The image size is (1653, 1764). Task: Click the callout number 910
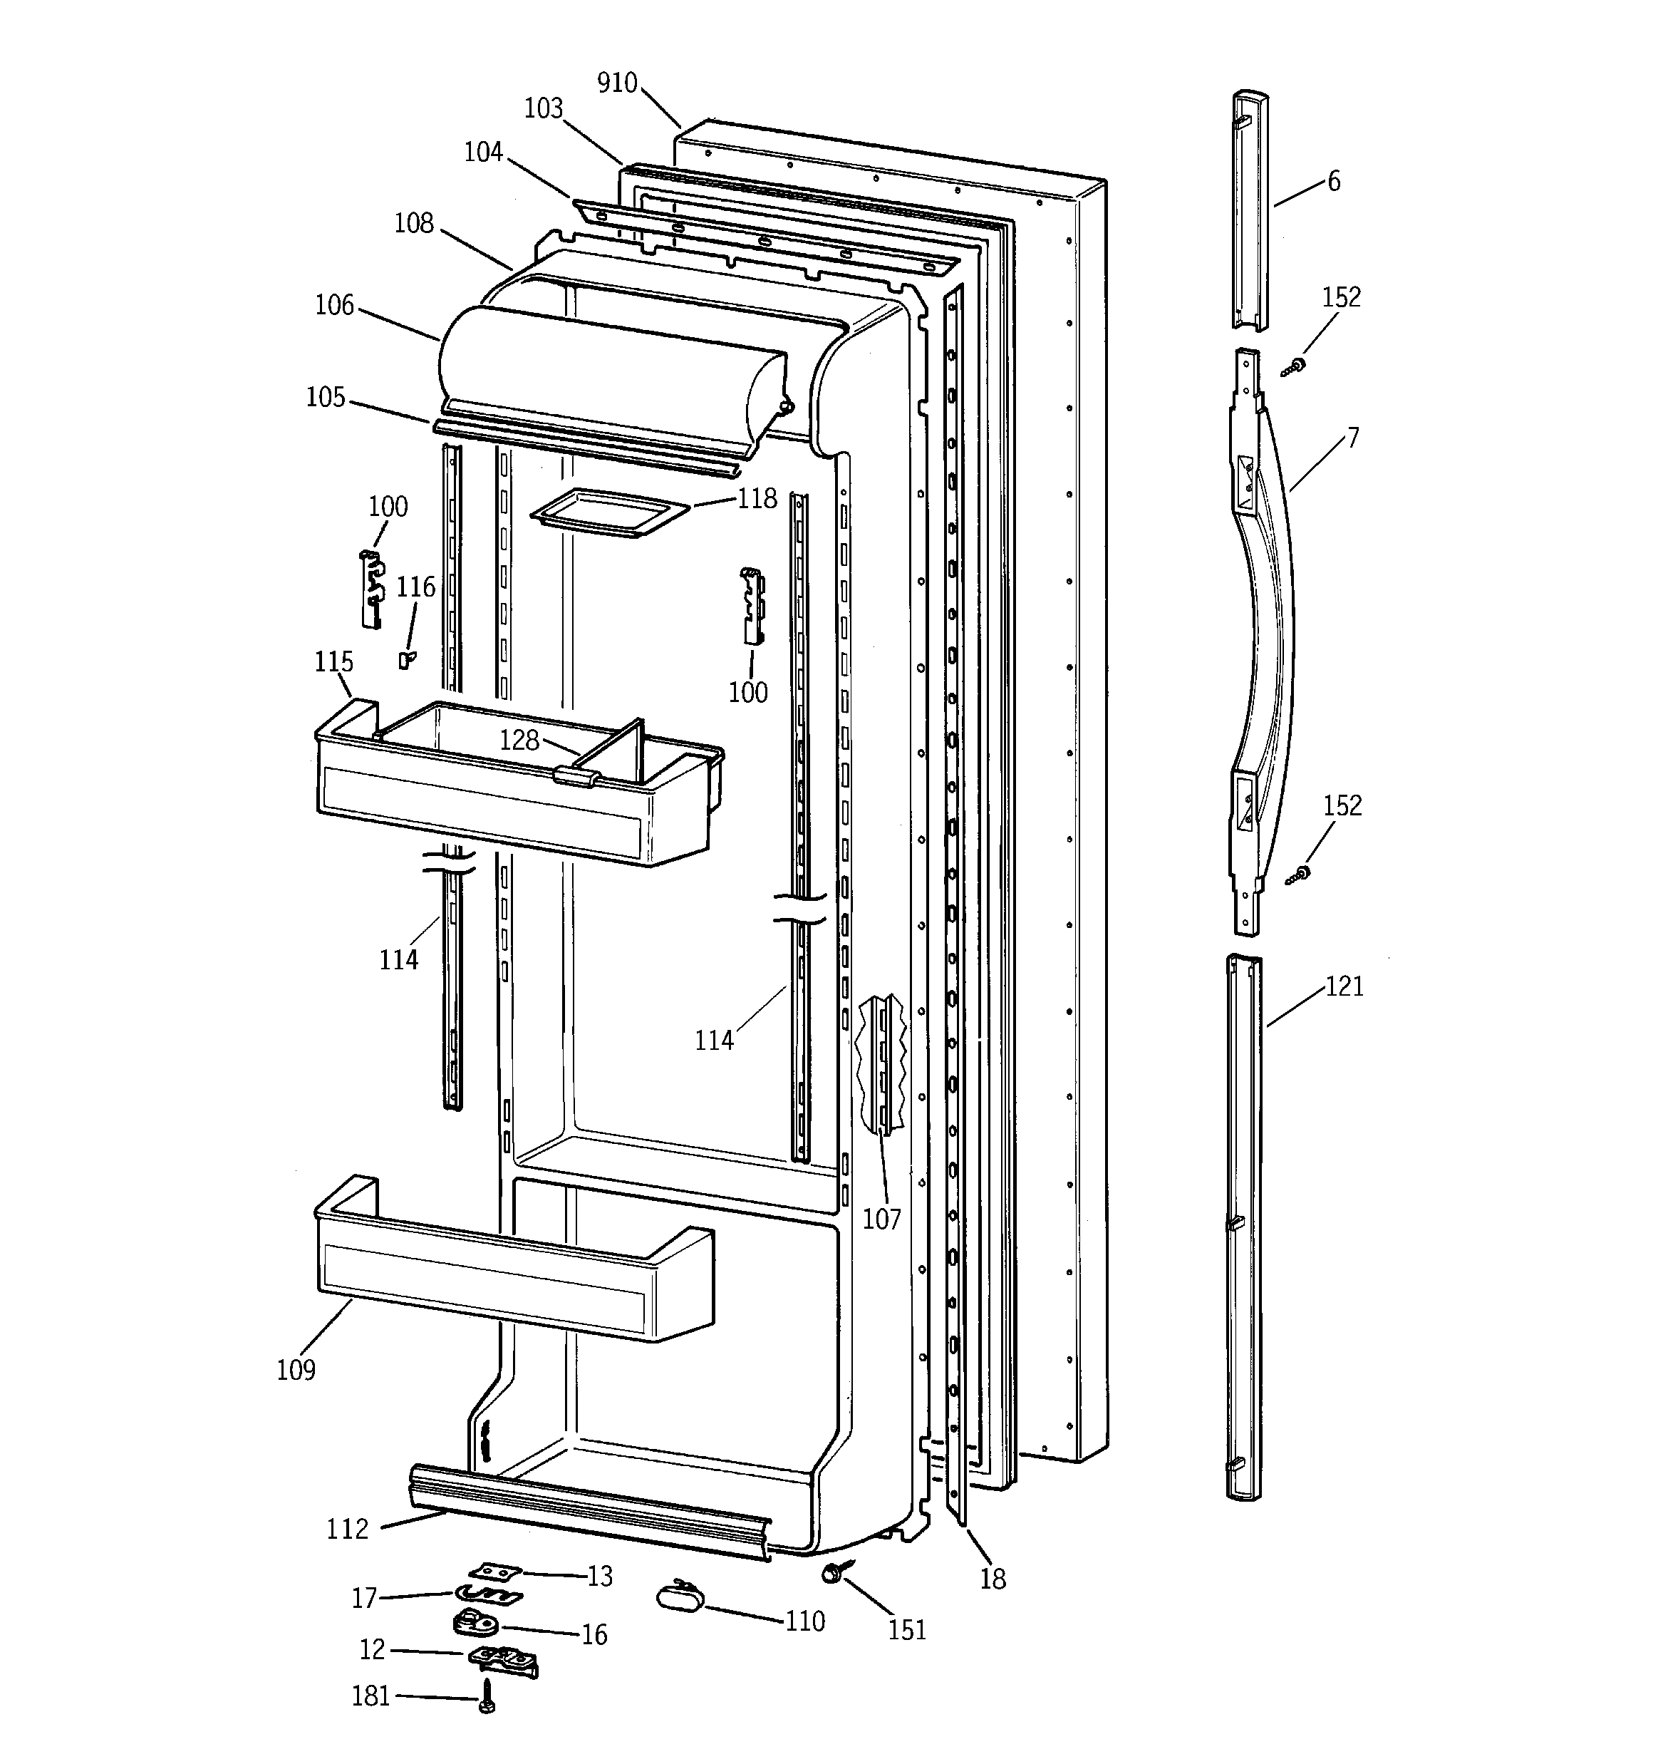tap(616, 83)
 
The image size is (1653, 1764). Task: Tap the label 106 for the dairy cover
tap(334, 305)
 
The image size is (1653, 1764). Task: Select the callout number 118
tap(757, 499)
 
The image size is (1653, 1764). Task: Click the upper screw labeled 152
tap(1295, 366)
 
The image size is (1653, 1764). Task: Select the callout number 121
tap(1344, 986)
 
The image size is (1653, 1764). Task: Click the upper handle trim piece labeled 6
tap(1249, 209)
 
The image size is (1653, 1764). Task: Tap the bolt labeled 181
tap(486, 1696)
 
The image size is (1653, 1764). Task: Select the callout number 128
tap(519, 740)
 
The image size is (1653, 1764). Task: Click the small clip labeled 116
tap(406, 659)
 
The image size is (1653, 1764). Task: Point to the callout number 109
tap(296, 1370)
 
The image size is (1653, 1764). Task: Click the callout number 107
tap(881, 1219)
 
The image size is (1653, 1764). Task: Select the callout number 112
tap(347, 1529)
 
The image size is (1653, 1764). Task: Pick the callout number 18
tap(993, 1579)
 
